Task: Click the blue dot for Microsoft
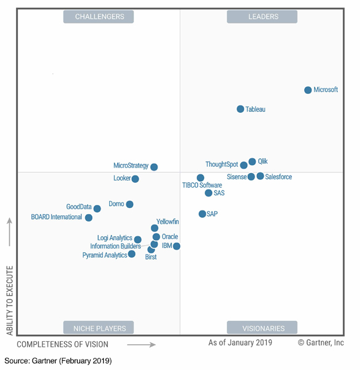(x=308, y=90)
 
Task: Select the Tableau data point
(x=240, y=109)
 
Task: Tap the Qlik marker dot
(x=252, y=162)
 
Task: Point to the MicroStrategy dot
(x=154, y=167)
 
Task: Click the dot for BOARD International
(x=89, y=218)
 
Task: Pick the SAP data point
(x=202, y=214)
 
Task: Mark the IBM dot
(x=177, y=246)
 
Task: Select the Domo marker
(x=129, y=204)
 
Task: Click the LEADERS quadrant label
(x=262, y=17)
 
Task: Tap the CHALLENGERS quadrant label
(x=99, y=17)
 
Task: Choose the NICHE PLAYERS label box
(x=99, y=328)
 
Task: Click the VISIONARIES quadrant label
(x=262, y=328)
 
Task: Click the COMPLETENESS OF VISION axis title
(x=63, y=345)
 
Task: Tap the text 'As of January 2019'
(x=240, y=343)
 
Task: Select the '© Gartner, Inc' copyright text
(x=321, y=343)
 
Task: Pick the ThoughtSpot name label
(x=221, y=164)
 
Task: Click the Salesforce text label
(x=278, y=177)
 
